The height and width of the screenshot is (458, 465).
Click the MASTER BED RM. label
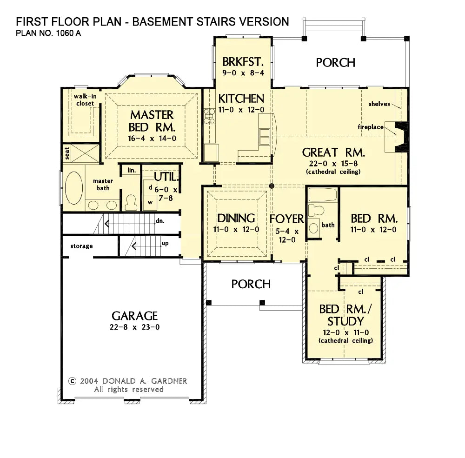click(152, 121)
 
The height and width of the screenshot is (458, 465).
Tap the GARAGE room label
click(135, 316)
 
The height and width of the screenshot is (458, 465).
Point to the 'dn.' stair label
click(160, 221)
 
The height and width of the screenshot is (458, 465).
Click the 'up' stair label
click(165, 243)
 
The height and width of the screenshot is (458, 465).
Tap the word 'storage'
click(81, 246)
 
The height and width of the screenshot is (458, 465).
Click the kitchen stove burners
click(209, 116)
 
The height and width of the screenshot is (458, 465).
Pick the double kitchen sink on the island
click(265, 136)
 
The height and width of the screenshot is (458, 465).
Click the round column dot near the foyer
click(272, 186)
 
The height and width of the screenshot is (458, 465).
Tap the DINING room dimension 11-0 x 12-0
click(236, 229)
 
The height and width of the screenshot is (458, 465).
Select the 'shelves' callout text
click(379, 104)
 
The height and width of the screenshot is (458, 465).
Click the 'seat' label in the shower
click(67, 153)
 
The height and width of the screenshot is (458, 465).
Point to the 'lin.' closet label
click(132, 170)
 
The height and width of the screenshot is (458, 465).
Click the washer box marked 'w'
click(150, 203)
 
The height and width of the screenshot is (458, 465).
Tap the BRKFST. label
click(243, 62)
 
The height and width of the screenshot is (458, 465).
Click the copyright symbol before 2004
click(73, 381)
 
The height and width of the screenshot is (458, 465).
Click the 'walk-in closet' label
click(85, 100)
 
